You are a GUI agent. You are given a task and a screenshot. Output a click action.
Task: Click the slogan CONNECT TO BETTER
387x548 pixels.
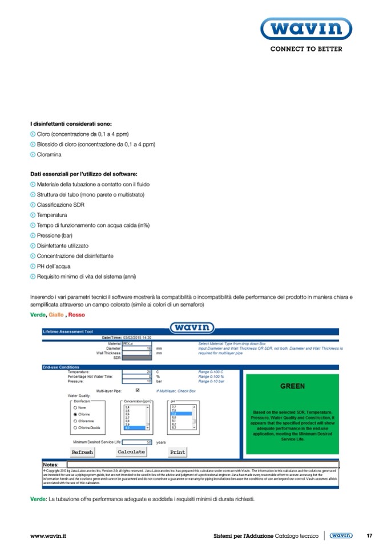306,49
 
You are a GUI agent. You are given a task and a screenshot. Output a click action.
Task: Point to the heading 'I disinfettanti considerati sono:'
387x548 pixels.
71,123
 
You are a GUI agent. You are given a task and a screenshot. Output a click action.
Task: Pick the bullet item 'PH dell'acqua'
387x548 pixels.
54,266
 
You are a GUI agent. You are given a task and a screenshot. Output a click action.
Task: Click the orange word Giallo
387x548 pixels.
57,315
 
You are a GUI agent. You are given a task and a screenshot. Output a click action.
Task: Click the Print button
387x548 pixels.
178,451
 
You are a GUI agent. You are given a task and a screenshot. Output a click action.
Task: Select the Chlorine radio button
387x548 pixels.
75,414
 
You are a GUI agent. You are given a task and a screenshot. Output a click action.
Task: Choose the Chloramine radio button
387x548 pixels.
75,421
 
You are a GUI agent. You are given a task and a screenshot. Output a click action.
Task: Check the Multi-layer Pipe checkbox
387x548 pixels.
136,390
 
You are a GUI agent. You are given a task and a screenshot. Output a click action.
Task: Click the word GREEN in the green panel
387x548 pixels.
292,386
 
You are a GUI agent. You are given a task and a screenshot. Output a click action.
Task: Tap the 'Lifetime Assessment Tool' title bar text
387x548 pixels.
64,331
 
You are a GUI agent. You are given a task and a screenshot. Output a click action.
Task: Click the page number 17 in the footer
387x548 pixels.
369,535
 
